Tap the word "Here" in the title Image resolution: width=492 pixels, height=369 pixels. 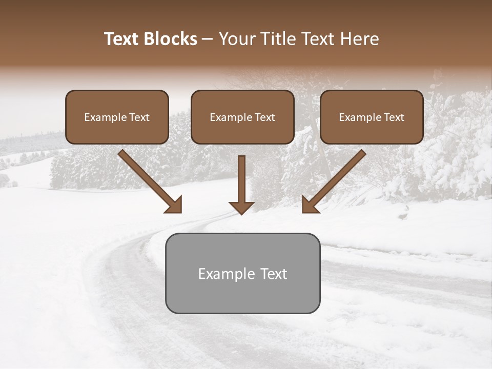360,39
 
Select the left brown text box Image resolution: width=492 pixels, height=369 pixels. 117,117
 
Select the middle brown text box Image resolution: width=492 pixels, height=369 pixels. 242,117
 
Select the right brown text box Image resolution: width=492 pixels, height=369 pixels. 372,117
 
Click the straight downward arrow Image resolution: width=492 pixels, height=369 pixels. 241,182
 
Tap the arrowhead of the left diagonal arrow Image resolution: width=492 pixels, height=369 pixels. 174,205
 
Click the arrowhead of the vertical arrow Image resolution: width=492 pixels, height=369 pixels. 241,208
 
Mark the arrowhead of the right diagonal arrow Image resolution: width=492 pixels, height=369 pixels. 310,206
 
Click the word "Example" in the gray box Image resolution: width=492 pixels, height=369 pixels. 227,274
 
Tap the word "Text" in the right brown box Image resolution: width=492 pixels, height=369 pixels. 394,117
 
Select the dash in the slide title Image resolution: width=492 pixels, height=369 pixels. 208,39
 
